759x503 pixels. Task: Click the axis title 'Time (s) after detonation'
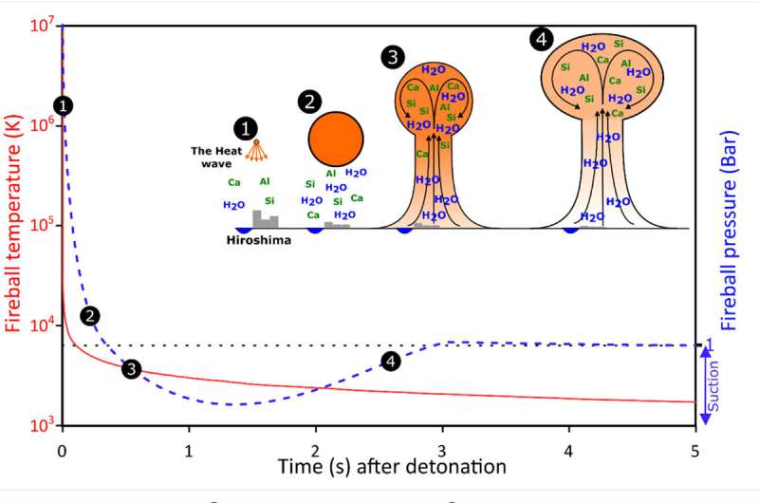[392, 467]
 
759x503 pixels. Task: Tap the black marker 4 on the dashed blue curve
[389, 361]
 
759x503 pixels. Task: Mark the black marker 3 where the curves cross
[132, 369]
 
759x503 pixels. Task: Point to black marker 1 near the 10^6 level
[63, 105]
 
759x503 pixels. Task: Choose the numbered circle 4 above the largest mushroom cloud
[541, 39]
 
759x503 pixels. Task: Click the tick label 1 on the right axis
[710, 342]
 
